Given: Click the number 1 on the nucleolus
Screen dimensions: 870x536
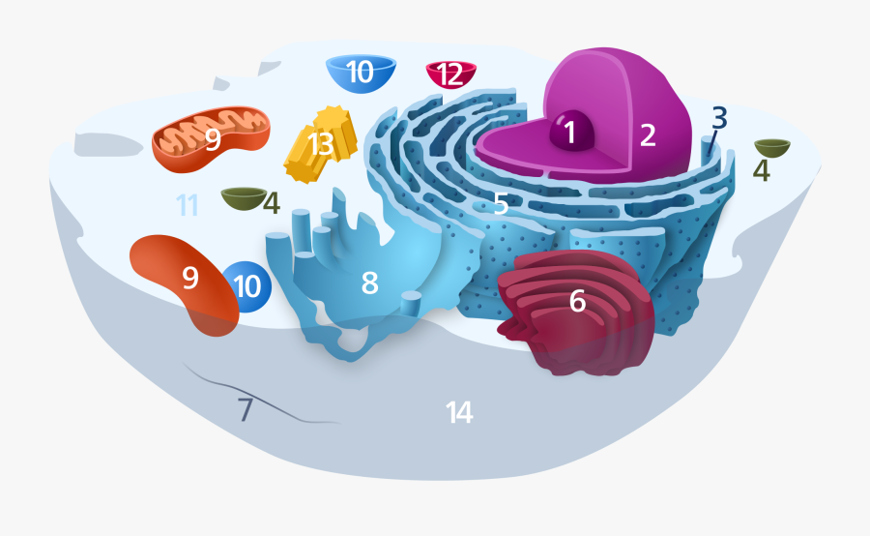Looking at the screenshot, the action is pos(570,133).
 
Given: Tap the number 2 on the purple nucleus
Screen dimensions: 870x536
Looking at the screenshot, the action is pos(648,135).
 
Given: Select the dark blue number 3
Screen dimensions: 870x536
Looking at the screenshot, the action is pos(719,117).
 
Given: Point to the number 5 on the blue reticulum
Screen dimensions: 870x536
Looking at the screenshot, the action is pos(501,204).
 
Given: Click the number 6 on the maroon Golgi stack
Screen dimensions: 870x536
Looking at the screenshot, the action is pos(577,301).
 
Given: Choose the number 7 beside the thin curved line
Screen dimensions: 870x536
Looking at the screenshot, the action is pos(246,410).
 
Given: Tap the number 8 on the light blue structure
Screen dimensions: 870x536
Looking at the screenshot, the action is pos(369,283).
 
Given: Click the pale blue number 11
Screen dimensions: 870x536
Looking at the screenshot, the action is pos(187,205).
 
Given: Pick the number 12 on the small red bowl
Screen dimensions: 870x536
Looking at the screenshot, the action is pos(450,74).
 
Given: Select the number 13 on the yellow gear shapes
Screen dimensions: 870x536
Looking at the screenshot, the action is pos(320,145).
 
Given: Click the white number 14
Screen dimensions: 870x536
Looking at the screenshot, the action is pos(459,413).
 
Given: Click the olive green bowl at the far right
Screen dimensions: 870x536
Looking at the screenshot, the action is pos(772,147).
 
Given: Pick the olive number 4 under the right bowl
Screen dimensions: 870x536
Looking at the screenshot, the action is pos(762,171).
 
